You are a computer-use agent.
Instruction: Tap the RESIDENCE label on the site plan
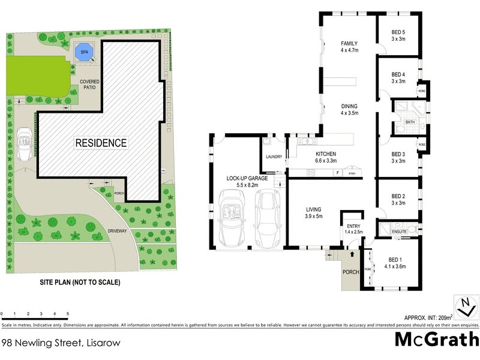(x=101, y=143)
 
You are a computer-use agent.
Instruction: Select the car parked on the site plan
(x=24, y=145)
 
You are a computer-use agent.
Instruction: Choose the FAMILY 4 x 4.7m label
(x=349, y=47)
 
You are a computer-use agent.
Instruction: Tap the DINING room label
(x=349, y=110)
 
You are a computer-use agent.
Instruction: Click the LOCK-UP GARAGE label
(x=242, y=182)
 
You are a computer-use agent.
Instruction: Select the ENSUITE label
(x=400, y=230)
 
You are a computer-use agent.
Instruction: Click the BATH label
(x=410, y=122)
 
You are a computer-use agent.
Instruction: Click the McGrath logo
(x=436, y=339)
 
